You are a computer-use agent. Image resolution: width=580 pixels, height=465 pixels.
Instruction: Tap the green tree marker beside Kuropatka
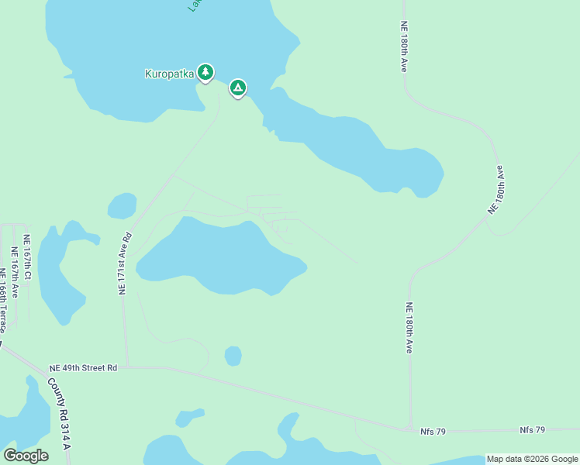205,72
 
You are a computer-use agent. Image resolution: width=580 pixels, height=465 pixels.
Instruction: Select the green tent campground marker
238,88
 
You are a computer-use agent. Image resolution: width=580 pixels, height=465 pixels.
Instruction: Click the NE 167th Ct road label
27,257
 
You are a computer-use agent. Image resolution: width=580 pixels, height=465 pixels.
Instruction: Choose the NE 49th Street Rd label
83,367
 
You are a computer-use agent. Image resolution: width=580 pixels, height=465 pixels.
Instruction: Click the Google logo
26,455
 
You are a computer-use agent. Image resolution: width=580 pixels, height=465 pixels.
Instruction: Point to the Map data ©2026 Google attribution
532,459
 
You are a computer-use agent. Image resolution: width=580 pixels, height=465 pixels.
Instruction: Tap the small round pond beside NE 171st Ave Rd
122,206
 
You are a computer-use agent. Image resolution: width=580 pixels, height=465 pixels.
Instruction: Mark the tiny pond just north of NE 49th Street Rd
233,356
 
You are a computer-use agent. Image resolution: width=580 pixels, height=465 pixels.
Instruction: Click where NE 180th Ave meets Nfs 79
410,429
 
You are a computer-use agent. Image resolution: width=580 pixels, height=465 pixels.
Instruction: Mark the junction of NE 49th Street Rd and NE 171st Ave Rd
126,367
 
